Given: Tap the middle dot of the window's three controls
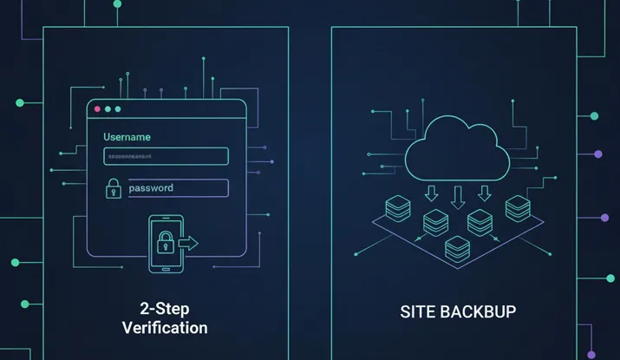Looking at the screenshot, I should coord(107,109).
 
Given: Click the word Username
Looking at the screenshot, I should coord(127,137).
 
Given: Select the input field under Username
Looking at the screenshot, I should coord(166,156).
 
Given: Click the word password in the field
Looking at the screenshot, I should coord(151,187).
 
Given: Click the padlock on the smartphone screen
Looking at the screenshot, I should coord(164,245).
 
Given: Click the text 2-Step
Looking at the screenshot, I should coord(163,308).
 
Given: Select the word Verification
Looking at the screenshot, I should coord(164,328).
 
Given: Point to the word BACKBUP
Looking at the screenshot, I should coord(480,311).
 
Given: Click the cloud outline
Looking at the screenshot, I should coord(458,148).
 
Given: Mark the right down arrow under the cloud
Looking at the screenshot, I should coord(484,193).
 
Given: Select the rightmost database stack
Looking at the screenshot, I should coord(518,207).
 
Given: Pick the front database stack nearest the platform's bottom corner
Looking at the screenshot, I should coord(456,248).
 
